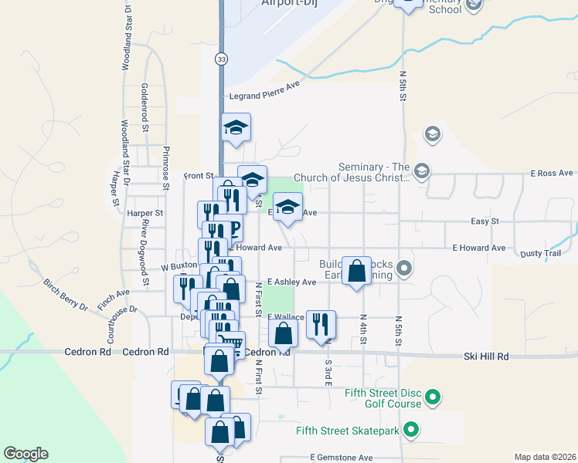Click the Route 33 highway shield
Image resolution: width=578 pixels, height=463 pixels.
pyautogui.click(x=223, y=59)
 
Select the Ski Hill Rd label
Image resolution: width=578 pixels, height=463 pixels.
pyautogui.click(x=486, y=357)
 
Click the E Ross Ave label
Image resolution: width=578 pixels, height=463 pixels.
pyautogui.click(x=551, y=174)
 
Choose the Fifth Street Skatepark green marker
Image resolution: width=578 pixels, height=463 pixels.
pyautogui.click(x=411, y=430)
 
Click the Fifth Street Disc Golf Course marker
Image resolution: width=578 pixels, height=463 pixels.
pyautogui.click(x=433, y=398)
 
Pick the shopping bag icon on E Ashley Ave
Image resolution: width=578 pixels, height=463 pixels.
pyautogui.click(x=356, y=272)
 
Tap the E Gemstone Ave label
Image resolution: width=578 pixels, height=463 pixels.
pyautogui.click(x=342, y=458)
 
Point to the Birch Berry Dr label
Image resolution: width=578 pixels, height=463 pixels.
pyautogui.click(x=66, y=295)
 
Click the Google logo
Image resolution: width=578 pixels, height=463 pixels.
pyautogui.click(x=25, y=454)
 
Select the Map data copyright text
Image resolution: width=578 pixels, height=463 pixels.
pyautogui.click(x=545, y=457)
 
